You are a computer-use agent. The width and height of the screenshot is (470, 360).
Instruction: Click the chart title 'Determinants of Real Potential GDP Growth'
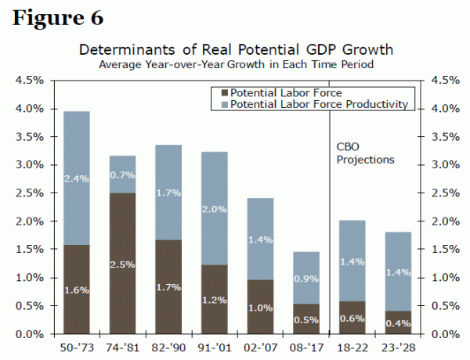coord(236,50)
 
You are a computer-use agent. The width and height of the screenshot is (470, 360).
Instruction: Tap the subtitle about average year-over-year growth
coord(236,64)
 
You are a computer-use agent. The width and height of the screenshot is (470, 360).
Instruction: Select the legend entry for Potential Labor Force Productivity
coord(320,103)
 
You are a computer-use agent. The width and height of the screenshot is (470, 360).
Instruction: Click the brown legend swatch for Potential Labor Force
coord(222,92)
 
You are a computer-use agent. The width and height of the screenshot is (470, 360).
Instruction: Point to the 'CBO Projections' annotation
coord(364,153)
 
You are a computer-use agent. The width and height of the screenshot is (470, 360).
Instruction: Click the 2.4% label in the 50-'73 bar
coord(77,179)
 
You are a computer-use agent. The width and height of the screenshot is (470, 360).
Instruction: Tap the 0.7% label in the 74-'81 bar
coord(122,175)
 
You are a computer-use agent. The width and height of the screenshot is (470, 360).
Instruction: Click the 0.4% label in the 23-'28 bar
coord(399,323)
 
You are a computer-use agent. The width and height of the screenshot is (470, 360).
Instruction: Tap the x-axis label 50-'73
coord(77,345)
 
